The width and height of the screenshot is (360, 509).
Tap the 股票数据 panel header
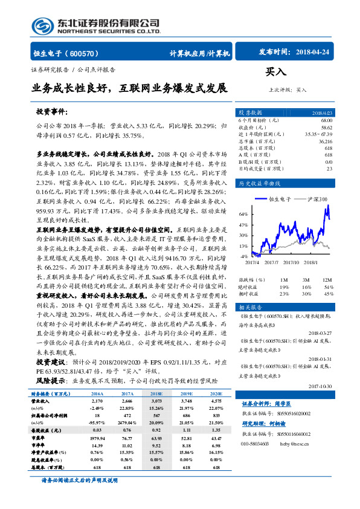coord(249,113)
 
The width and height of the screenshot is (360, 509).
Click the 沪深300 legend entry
coord(317,199)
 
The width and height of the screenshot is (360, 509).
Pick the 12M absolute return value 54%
coord(328,287)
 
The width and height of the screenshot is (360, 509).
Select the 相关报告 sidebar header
coord(249,307)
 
